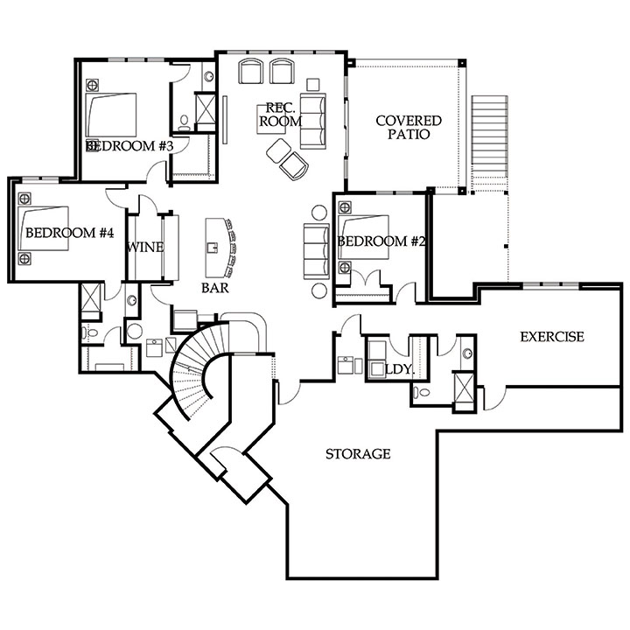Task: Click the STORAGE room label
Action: click(x=358, y=453)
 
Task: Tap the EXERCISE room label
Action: click(x=552, y=336)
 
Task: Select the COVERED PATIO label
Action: click(x=409, y=127)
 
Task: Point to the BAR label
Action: click(x=215, y=288)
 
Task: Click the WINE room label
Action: click(x=145, y=247)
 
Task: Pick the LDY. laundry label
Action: click(x=399, y=369)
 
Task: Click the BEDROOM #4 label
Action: click(x=70, y=232)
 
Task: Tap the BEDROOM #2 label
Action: click(x=381, y=241)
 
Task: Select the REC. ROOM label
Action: click(x=280, y=114)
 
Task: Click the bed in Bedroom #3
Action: click(x=111, y=115)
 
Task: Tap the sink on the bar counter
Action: click(x=212, y=247)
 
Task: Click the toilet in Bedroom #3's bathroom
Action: click(x=184, y=122)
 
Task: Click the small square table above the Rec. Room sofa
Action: click(x=312, y=84)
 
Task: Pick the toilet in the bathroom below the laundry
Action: click(x=421, y=392)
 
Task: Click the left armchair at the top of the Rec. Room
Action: click(x=251, y=71)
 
